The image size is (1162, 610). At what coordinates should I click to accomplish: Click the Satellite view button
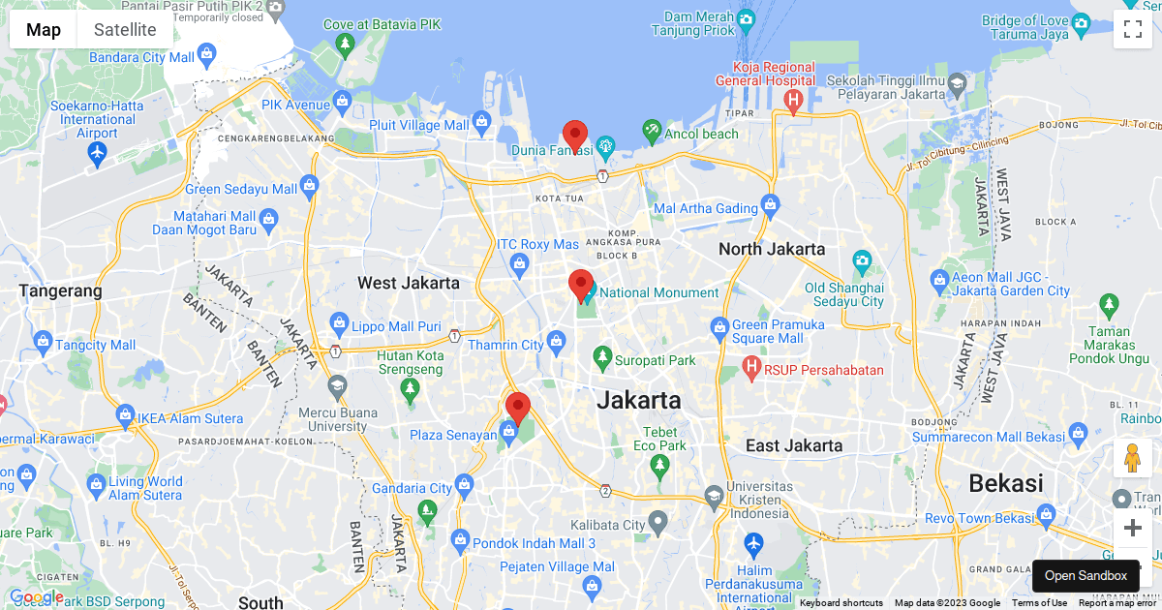125,29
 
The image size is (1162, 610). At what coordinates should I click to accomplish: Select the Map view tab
44,29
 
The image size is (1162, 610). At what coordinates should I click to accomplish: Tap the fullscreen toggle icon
1132,29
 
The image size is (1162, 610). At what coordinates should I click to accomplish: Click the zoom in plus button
1132,528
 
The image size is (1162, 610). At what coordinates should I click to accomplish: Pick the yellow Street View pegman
1132,458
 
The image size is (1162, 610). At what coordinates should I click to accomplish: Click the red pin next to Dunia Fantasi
575,137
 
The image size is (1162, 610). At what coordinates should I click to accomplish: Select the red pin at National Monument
581,286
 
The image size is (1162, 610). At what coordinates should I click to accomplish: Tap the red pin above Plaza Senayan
518,409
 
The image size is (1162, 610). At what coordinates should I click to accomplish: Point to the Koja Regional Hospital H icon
794,100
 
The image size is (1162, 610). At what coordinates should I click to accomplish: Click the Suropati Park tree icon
602,358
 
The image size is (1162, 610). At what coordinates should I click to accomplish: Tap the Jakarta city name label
638,400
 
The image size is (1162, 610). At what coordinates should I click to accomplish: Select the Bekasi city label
1006,483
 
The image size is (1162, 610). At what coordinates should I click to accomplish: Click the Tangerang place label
60,290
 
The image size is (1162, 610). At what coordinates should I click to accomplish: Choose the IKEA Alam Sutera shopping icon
125,416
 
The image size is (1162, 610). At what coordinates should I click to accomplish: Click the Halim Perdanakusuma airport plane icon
753,542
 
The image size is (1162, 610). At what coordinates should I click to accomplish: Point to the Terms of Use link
1039,602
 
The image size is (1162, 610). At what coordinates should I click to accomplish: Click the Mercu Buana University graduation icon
336,385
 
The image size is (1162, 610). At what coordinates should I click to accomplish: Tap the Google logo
35,596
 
